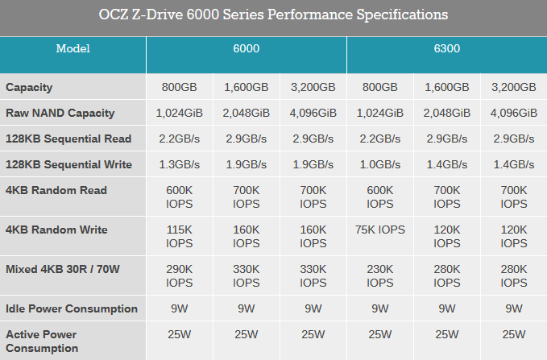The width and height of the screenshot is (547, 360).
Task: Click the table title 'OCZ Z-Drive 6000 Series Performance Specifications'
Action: tap(273, 15)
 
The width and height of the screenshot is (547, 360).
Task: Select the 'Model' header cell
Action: tap(73, 48)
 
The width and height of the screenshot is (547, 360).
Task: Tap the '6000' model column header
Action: tap(246, 48)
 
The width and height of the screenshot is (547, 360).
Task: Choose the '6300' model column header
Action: tap(446, 48)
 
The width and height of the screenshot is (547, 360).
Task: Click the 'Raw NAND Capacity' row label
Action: tap(60, 113)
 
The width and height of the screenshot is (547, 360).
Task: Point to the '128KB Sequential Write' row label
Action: tap(68, 164)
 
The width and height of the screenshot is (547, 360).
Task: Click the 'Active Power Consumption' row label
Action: tap(43, 341)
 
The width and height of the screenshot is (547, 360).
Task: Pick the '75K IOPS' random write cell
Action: tap(379, 230)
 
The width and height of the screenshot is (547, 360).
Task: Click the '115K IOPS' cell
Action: tap(179, 236)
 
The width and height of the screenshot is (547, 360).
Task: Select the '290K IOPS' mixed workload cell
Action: tap(179, 275)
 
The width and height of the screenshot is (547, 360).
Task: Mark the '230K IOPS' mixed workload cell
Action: tap(379, 275)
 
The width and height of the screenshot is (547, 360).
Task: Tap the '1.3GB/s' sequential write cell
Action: tap(179, 164)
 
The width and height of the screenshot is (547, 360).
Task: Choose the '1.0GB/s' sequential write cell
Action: tap(379, 164)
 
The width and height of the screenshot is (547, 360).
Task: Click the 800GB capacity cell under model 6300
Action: tap(379, 87)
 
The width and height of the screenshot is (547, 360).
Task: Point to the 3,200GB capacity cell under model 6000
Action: tap(313, 87)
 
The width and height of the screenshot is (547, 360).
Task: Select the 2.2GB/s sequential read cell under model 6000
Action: tap(179, 139)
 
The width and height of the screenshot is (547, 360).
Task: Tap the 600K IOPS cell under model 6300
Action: tap(379, 197)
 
